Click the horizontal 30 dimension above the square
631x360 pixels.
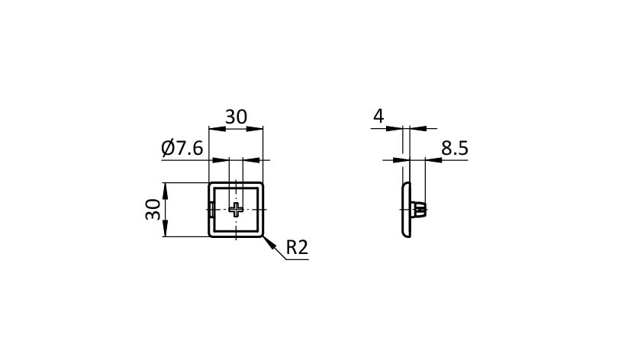click(236, 117)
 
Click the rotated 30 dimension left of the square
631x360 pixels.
click(153, 210)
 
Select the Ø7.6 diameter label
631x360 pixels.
click(182, 149)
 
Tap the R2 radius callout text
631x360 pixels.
click(297, 247)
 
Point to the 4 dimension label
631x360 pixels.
click(378, 116)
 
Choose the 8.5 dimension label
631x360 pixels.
click(455, 148)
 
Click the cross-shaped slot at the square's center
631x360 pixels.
click(236, 209)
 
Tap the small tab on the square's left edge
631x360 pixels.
click(211, 209)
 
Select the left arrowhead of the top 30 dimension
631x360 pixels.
click(217, 129)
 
